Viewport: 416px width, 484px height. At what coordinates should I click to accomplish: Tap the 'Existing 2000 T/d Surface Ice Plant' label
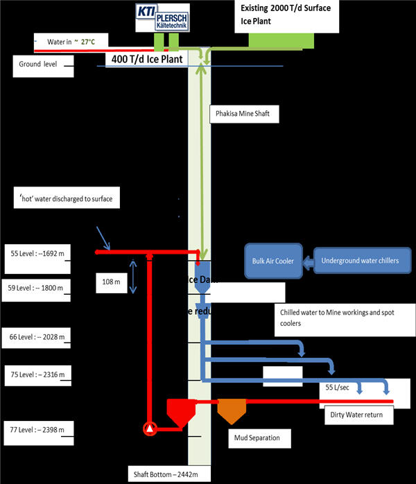point(287,15)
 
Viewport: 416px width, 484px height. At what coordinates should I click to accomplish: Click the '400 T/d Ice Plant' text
point(148,59)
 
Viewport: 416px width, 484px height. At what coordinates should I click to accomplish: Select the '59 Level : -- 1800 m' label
point(37,288)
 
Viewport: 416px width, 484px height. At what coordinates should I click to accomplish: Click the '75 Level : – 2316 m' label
point(37,375)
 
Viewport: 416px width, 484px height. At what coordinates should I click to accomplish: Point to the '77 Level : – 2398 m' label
point(37,430)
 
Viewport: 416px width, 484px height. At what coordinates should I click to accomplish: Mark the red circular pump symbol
point(150,429)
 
